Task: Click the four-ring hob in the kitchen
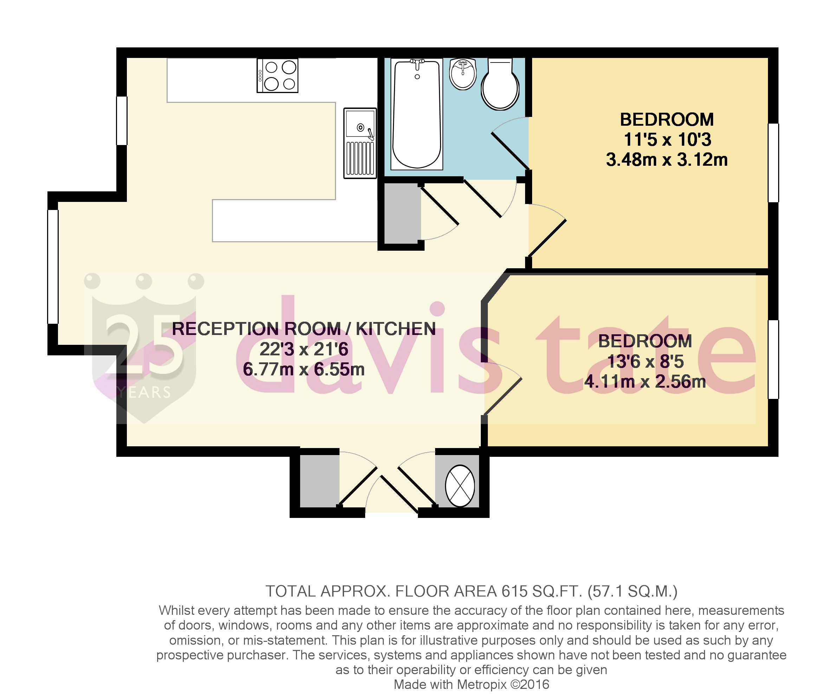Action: click(x=278, y=76)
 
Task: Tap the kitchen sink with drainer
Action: click(x=360, y=143)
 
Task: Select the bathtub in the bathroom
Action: click(x=417, y=114)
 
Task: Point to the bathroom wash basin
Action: click(x=463, y=73)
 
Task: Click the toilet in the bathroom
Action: click(x=500, y=85)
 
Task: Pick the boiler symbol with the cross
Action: click(x=460, y=486)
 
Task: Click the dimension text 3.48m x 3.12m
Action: click(x=666, y=160)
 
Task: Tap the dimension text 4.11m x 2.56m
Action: click(x=645, y=382)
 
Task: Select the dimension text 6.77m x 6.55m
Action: click(x=304, y=370)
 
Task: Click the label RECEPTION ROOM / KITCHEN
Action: click(x=304, y=329)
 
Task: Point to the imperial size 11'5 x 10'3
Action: click(x=667, y=139)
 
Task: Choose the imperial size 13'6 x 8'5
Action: click(x=645, y=362)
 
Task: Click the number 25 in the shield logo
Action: click(x=144, y=344)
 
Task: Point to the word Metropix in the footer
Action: click(x=482, y=685)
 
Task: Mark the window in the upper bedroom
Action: click(x=773, y=163)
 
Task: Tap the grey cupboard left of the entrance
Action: click(x=319, y=481)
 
